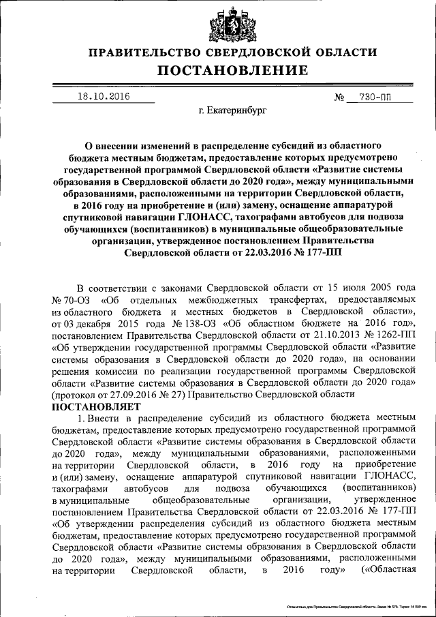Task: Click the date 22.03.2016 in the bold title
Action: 264,252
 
